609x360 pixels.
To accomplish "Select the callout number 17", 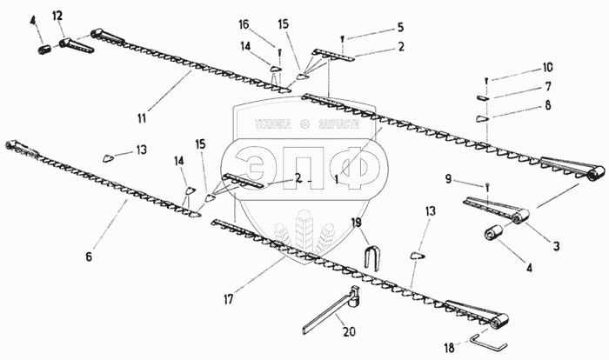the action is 227,300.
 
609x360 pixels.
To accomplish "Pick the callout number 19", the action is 356,223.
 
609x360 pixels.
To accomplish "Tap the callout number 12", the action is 57,16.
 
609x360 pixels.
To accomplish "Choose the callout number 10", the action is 547,67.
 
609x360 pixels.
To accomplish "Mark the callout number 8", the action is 547,107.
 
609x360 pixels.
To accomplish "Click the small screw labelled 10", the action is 486,80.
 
